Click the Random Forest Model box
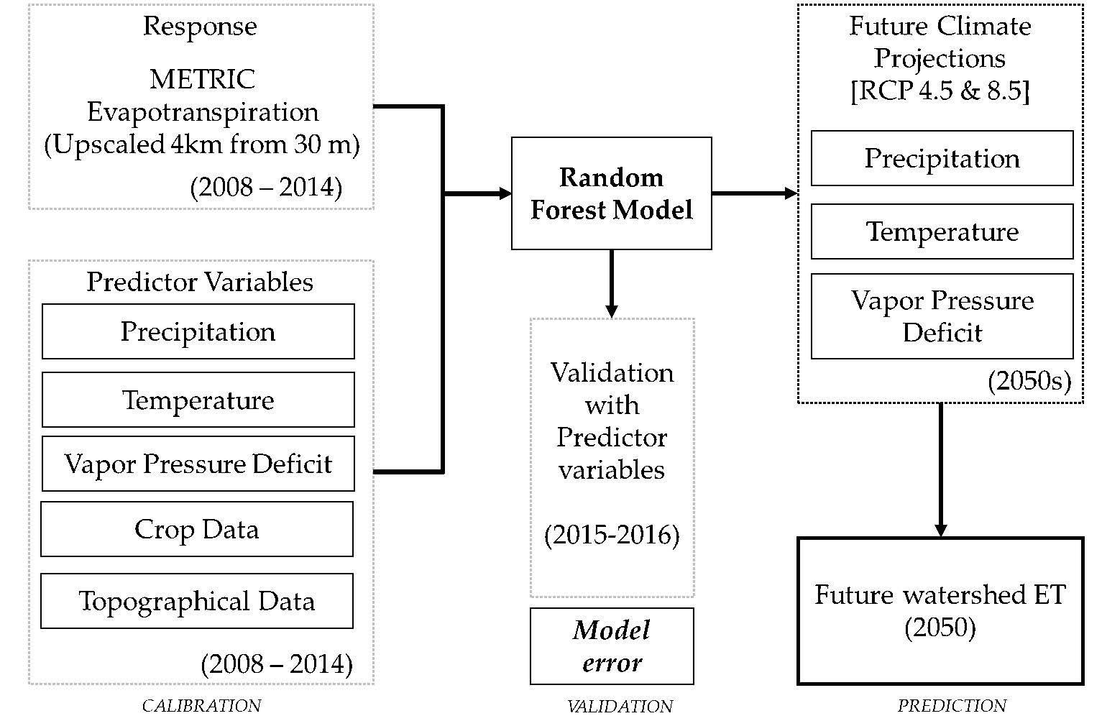pyautogui.click(x=611, y=193)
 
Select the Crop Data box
pyautogui.click(x=196, y=529)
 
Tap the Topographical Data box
pyautogui.click(x=196, y=601)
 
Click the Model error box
pyautogui.click(x=612, y=646)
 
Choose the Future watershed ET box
pyautogui.click(x=940, y=611)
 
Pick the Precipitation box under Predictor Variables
pyautogui.click(x=198, y=331)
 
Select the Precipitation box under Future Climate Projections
pyautogui.click(x=942, y=158)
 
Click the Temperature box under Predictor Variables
pyautogui.click(x=198, y=400)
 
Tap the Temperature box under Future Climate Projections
pyautogui.click(x=942, y=231)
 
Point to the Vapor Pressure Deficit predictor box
pyautogui.click(x=198, y=464)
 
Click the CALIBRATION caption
pyautogui.click(x=201, y=706)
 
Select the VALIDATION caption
pyautogui.click(x=620, y=707)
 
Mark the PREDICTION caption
pyautogui.click(x=952, y=706)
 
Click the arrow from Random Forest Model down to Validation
pyautogui.click(x=612, y=284)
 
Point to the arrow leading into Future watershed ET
pyautogui.click(x=940, y=471)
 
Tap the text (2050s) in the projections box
pyautogui.click(x=1029, y=381)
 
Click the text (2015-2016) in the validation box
pyautogui.click(x=612, y=535)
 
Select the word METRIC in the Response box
pyautogui.click(x=202, y=79)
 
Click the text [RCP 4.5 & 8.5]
pyautogui.click(x=940, y=91)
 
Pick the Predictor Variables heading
pyautogui.click(x=200, y=282)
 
